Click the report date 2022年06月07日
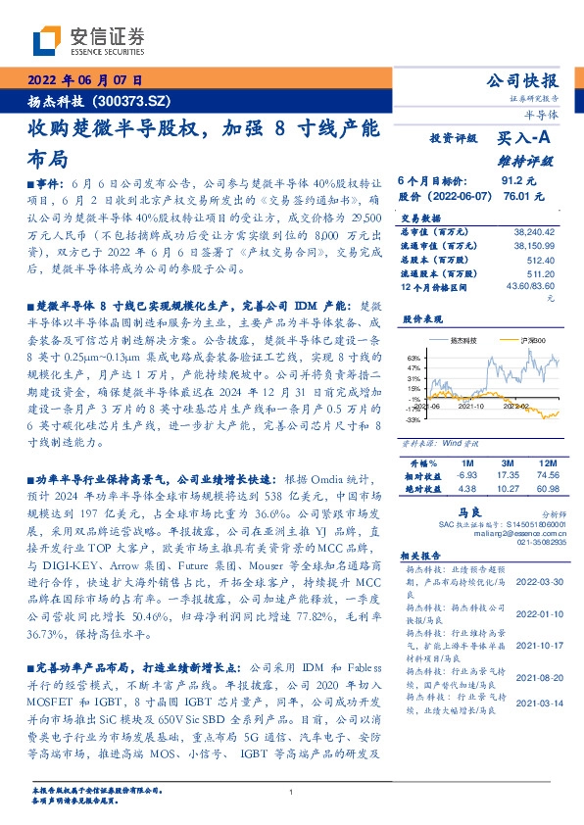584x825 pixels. (85, 80)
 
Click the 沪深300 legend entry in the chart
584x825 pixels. (508, 339)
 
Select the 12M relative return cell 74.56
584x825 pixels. (546, 474)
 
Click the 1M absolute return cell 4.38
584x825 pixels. (465, 488)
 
